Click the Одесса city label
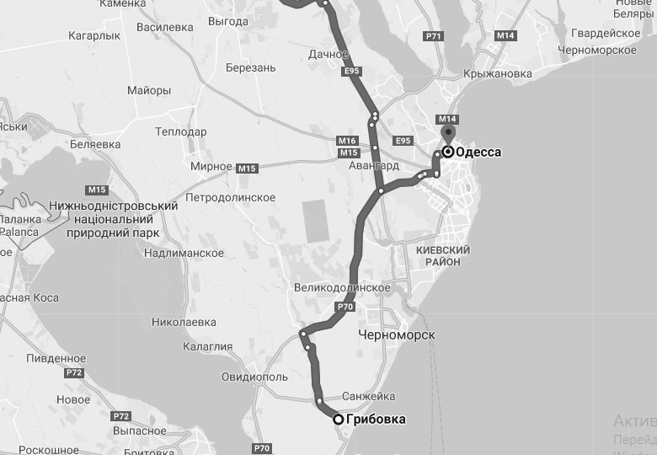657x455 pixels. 478,153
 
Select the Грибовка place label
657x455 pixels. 376,419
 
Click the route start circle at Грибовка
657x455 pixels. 338,419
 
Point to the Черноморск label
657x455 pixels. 396,335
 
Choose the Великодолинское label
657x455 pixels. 342,287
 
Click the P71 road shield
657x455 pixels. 434,36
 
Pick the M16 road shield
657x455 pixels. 347,140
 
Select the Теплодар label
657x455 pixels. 181,132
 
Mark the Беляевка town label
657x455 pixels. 94,144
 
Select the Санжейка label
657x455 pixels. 369,396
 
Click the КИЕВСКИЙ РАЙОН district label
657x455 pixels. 443,256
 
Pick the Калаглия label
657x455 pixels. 207,346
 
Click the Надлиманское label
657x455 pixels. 184,253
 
